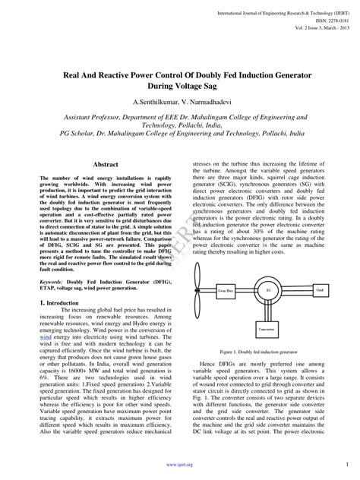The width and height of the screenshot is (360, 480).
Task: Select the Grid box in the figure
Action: coord(319,289)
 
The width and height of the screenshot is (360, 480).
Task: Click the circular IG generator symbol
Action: coord(267,289)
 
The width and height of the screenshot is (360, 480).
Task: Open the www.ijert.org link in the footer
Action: coord(180,464)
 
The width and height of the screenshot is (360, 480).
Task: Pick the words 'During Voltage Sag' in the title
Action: coord(179,86)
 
